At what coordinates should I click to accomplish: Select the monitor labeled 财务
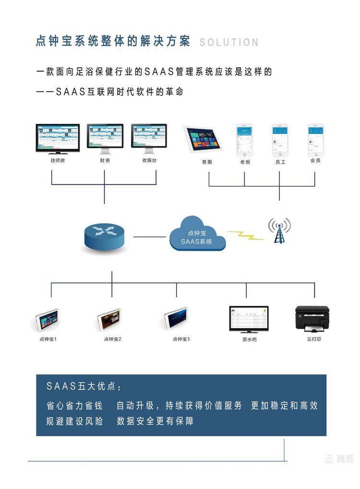pos(105,137)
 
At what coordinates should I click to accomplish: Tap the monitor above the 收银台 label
pos(149,137)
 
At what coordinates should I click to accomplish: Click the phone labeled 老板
pos(244,139)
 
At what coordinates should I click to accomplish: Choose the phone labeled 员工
pos(280,139)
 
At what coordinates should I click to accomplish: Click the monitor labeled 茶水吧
pos(248,318)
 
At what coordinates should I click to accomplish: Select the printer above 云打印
pos(312,318)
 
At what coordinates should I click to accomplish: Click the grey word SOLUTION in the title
pos(229,42)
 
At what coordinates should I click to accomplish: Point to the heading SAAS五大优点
pos(84,387)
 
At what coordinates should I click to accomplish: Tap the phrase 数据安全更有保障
pos(155,421)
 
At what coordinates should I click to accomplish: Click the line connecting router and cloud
pos(149,236)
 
